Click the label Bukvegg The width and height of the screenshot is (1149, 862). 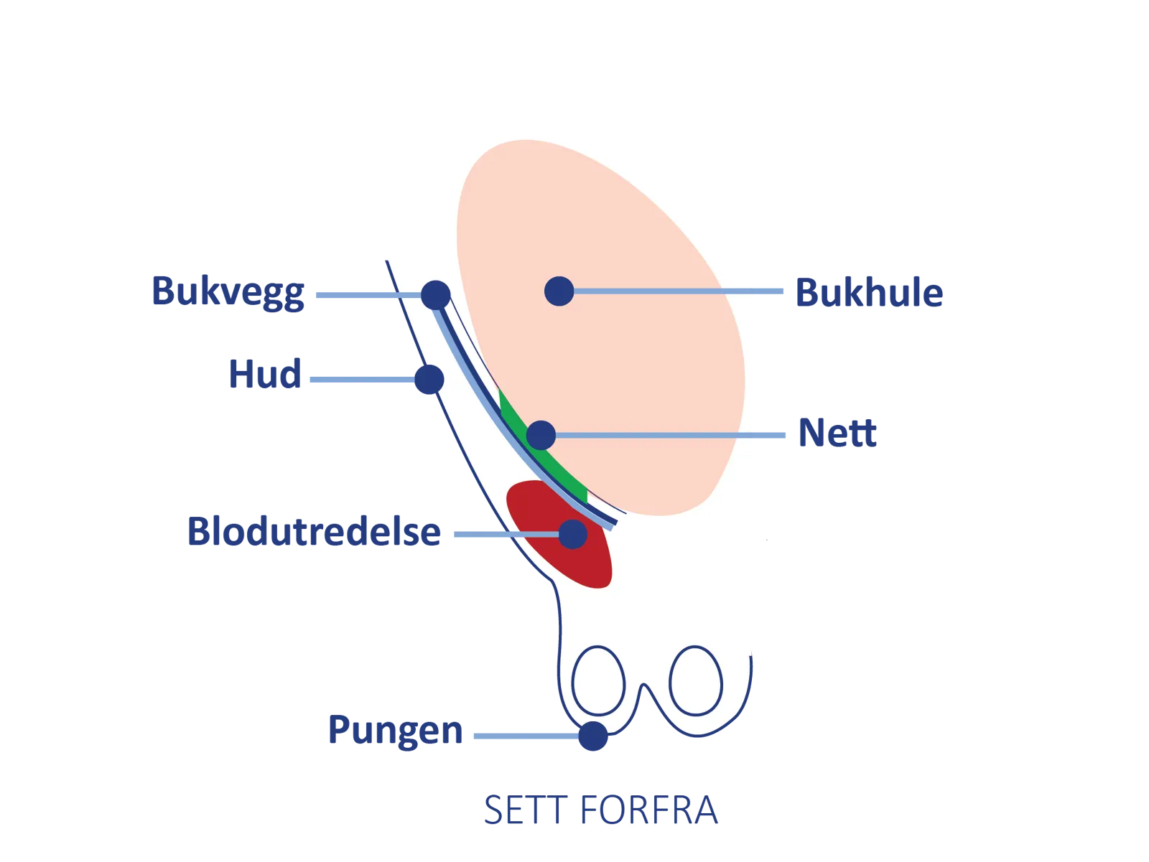(228, 292)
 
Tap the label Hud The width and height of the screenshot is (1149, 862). (264, 375)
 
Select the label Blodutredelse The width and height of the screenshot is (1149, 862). (314, 532)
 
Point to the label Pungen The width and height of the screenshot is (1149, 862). (395, 731)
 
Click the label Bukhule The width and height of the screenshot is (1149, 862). (869, 293)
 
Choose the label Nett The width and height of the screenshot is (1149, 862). (837, 434)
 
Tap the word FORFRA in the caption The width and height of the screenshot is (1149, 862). (648, 811)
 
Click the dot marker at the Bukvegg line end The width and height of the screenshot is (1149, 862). (435, 294)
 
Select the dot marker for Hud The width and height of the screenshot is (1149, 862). (428, 379)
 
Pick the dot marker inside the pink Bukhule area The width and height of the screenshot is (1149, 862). (559, 291)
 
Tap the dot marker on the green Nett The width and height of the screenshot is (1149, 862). (541, 435)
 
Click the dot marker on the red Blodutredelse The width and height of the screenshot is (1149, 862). (572, 534)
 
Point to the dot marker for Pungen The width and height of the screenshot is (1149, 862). (593, 736)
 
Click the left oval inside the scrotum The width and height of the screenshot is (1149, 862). (598, 680)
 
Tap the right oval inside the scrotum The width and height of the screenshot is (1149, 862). (695, 680)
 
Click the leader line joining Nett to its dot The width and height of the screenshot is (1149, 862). (668, 435)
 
